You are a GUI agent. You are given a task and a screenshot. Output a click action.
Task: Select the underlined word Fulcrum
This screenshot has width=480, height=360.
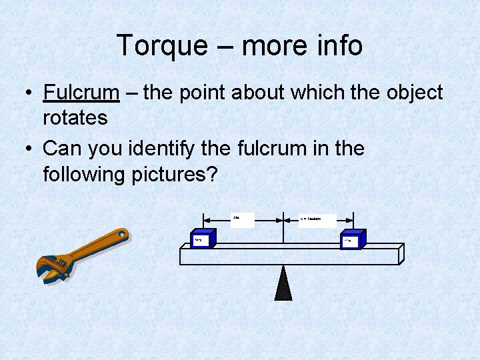(x=81, y=93)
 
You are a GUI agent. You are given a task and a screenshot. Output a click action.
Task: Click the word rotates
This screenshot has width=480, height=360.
(x=75, y=118)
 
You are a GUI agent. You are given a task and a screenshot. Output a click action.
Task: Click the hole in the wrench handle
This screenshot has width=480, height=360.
(x=121, y=235)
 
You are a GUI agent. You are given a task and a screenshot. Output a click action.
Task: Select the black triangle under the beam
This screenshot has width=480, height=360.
(x=283, y=283)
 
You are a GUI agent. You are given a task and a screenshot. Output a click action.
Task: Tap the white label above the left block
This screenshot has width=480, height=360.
(x=243, y=219)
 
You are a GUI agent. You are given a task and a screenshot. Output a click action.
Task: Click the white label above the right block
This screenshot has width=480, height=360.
(x=317, y=219)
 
